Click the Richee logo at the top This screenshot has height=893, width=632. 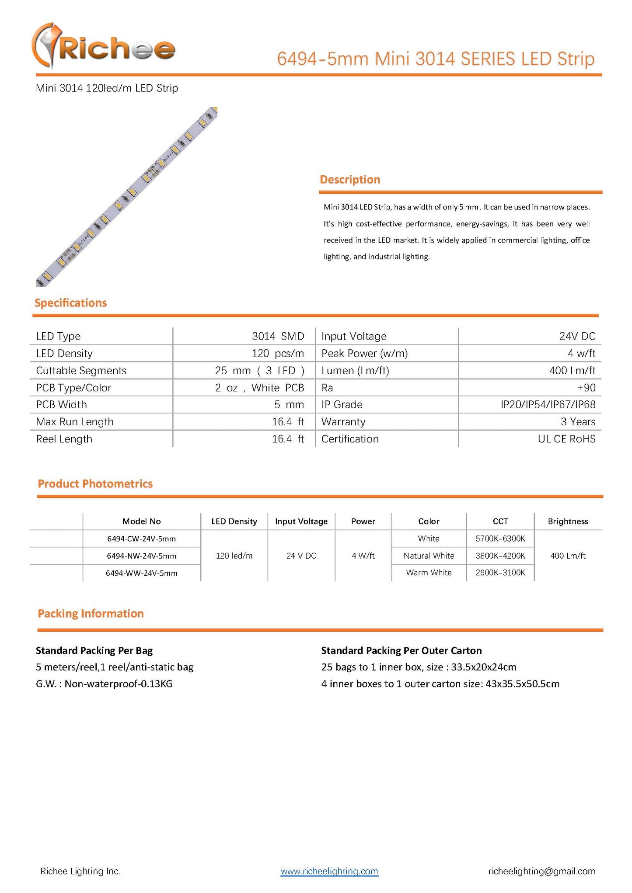click(104, 47)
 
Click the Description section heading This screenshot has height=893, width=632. click(349, 180)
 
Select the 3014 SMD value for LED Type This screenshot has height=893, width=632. click(278, 336)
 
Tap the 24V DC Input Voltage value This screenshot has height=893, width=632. click(577, 336)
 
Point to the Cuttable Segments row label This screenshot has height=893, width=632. click(81, 371)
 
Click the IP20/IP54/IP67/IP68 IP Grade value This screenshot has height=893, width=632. click(548, 405)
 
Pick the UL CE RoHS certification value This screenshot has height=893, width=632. click(566, 439)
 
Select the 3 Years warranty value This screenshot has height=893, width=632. click(578, 422)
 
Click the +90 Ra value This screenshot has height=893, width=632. click(586, 388)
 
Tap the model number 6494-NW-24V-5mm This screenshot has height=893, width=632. click(141, 556)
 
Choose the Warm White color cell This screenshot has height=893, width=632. click(429, 573)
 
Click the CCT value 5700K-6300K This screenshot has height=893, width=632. click(500, 539)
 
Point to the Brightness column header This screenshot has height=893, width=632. click(568, 521)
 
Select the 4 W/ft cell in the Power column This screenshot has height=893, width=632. click(363, 556)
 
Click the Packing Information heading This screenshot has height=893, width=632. click(91, 614)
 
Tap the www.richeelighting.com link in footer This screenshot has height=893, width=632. click(329, 871)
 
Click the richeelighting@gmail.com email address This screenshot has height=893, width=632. click(541, 871)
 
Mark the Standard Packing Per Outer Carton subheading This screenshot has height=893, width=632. click(401, 650)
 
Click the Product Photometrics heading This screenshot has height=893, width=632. click(95, 484)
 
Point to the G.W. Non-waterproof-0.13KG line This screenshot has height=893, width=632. click(104, 684)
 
